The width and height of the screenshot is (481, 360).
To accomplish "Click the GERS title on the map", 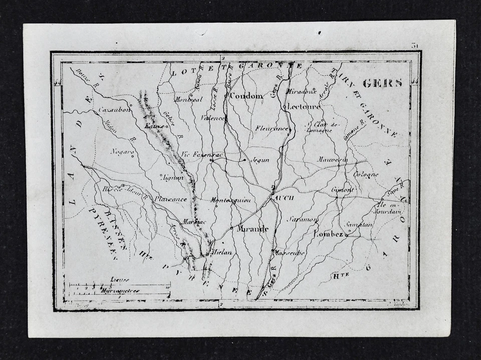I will coord(382,84).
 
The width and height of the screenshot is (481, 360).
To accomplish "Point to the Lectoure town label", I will coord(304,107).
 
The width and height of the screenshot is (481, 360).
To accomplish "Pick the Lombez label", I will coord(328,234).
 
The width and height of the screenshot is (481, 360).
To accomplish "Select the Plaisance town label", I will coord(170,199).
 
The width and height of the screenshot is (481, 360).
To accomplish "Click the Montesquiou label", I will coord(230,200).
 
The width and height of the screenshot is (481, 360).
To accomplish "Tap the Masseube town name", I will coord(290,253).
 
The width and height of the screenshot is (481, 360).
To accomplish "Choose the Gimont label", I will coord(343,190).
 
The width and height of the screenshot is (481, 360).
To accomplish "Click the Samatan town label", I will coord(359,225).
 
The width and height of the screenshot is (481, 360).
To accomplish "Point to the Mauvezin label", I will coord(333,159).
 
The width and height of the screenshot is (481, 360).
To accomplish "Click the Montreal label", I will coord(188,99).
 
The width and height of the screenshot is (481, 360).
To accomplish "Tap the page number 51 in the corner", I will coord(415,46).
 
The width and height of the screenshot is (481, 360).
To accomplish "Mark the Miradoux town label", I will coord(302,91).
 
